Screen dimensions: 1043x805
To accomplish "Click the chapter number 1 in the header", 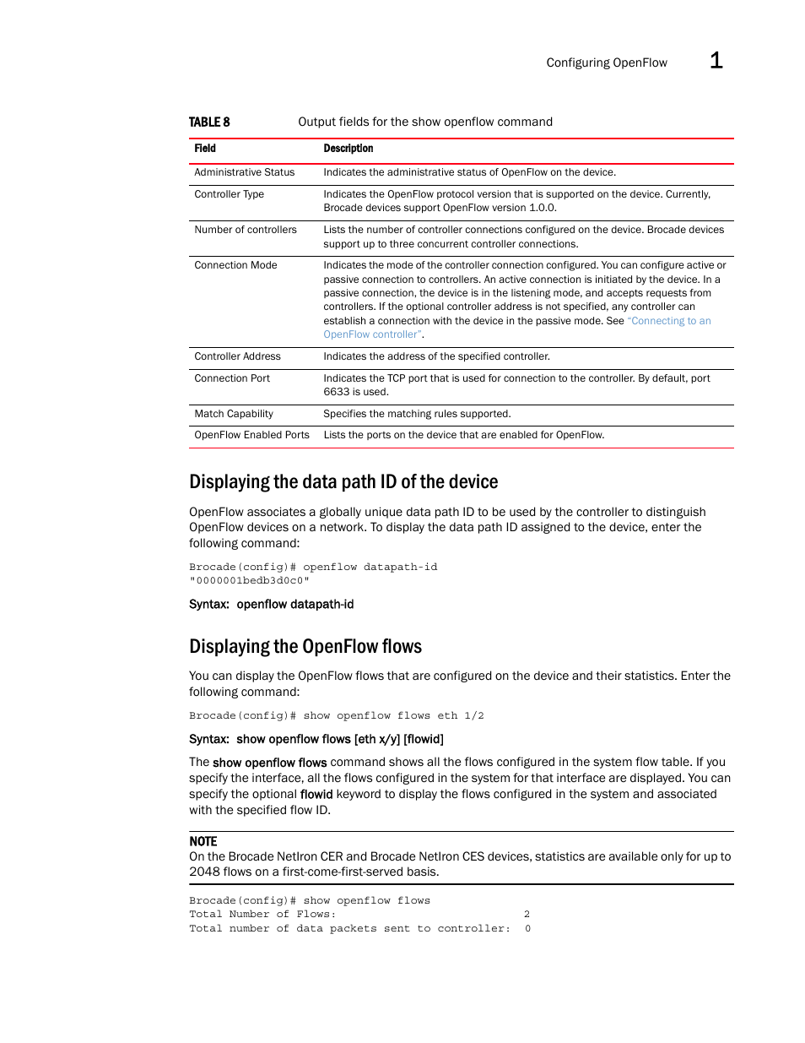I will tap(716, 61).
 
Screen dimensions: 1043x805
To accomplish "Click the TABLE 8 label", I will tap(209, 122).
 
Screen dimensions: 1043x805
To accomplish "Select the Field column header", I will tap(205, 149).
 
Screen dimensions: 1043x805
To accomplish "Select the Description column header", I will tap(348, 149).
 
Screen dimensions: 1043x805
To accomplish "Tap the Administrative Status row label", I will tap(244, 172).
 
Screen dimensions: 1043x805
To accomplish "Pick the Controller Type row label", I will tap(229, 194).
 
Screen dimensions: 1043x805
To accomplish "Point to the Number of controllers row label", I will tap(245, 230).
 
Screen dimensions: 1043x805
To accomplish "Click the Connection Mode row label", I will tap(235, 265).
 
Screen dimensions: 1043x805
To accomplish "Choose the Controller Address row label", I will tap(237, 356).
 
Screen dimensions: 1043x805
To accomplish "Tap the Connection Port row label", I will tap(232, 378).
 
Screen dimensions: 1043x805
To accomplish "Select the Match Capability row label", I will tap(234, 414).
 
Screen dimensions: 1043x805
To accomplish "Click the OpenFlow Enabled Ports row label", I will tap(251, 435).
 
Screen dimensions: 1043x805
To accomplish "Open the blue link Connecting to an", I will tap(669, 321).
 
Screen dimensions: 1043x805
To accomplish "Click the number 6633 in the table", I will tap(336, 392).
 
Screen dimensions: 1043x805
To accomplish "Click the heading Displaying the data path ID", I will tap(343, 482).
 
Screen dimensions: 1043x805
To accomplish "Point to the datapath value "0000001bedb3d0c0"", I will tap(249, 581).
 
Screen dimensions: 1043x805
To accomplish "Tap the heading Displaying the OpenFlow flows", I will tap(305, 647).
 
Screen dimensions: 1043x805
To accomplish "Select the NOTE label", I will tap(203, 842).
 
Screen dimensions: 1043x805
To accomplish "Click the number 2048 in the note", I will tap(204, 872).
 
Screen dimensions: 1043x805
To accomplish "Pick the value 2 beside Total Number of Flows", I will tap(527, 915).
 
